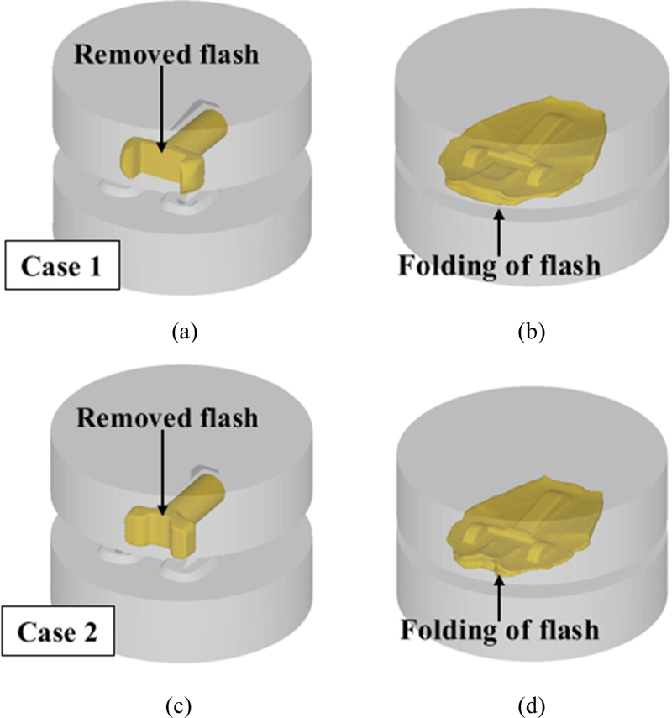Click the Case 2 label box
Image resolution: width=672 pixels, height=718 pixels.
click(x=64, y=631)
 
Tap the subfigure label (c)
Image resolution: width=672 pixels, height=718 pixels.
click(x=185, y=695)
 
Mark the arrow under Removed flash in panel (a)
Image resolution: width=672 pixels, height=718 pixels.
click(x=160, y=109)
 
